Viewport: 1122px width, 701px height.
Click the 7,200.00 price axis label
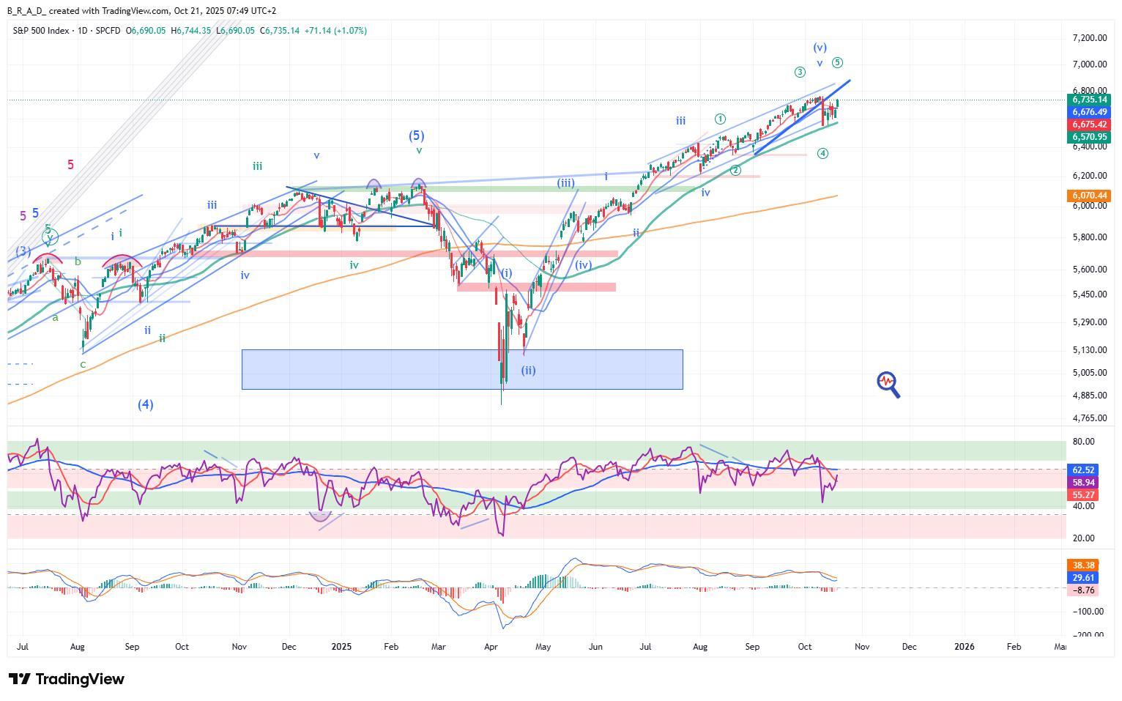point(1089,38)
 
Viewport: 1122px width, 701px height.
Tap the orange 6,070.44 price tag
point(1089,196)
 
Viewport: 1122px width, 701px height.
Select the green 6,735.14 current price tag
point(1089,100)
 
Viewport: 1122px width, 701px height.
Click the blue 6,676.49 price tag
point(1089,112)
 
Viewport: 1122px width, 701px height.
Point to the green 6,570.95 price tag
point(1089,137)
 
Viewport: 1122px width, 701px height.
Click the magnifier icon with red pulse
point(888,384)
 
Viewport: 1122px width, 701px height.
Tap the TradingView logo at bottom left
point(67,679)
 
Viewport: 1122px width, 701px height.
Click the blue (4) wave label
point(146,404)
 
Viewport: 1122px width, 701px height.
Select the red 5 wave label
point(70,165)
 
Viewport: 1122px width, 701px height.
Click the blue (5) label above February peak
point(416,136)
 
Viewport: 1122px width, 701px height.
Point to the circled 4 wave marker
point(822,153)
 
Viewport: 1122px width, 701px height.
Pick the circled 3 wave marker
point(800,72)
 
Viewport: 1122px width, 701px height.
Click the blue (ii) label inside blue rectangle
point(528,371)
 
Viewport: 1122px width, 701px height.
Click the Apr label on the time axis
point(491,647)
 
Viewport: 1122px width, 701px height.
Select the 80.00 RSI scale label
point(1085,442)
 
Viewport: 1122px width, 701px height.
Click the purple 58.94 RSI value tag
point(1083,483)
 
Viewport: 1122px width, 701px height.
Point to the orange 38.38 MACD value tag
point(1083,565)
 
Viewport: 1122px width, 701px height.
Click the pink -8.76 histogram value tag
point(1083,590)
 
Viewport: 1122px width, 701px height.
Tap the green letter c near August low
point(83,364)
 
